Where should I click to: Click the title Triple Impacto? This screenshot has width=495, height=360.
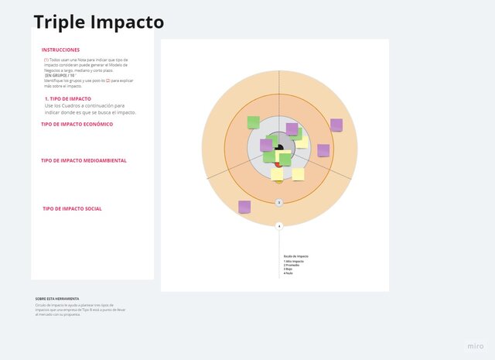point(98,22)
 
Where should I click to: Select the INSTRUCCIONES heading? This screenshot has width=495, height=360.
point(60,50)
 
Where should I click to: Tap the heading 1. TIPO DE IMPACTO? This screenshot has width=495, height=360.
point(68,99)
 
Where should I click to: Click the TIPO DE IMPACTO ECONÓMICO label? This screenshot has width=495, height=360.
point(77,124)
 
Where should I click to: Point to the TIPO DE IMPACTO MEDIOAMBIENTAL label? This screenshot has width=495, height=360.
point(84,160)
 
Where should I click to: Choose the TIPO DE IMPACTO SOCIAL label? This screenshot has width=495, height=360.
point(72,208)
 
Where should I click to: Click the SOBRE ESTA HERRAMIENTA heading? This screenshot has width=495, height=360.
point(56,298)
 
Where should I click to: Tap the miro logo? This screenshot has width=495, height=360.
point(476,345)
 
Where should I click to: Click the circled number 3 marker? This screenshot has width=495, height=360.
point(279,203)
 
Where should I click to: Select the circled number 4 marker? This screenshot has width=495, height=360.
point(279,226)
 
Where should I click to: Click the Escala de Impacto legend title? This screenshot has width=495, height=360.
point(295,256)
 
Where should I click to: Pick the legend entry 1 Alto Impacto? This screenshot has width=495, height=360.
point(294,261)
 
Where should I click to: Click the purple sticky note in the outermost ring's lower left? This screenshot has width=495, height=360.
point(244,207)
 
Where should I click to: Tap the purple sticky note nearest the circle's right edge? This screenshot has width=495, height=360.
point(336,125)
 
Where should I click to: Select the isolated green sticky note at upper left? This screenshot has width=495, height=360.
point(253,122)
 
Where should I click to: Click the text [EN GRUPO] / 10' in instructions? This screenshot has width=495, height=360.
point(61,76)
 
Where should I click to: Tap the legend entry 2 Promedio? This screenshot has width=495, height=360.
point(292,266)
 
